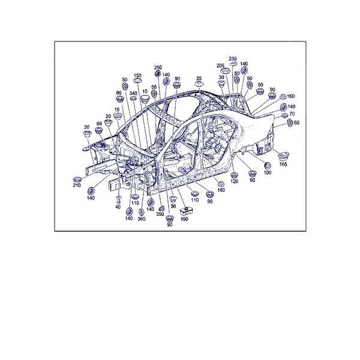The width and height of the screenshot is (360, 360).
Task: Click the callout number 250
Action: coord(158,67)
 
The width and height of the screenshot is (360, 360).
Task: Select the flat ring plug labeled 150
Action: coord(137,81)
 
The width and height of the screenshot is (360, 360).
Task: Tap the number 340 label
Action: coord(133,93)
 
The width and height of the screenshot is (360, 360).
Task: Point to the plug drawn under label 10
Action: coord(145,99)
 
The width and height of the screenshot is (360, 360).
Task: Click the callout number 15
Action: coord(116,110)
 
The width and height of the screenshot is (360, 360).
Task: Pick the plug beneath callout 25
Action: coord(199,84)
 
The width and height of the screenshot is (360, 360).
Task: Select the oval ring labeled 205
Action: coord(226,71)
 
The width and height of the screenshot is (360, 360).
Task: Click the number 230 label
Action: coord(233,59)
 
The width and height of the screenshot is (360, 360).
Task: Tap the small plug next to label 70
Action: coord(284,115)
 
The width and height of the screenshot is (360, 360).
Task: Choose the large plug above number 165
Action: coord(283,156)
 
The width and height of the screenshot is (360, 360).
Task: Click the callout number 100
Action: coord(268,172)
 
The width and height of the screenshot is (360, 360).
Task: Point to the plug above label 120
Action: coord(235,175)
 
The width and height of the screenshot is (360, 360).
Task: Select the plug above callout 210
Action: coord(77,179)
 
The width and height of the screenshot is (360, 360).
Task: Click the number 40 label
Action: coord(118,207)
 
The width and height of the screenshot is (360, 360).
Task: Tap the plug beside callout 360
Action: coord(142,212)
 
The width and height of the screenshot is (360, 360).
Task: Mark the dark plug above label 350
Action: coord(161,208)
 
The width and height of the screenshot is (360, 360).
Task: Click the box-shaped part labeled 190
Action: coord(186,211)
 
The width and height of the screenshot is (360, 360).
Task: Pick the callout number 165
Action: coord(283,164)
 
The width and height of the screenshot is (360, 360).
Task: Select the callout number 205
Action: coord(220,66)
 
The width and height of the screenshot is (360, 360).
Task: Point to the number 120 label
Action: coord(234,181)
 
